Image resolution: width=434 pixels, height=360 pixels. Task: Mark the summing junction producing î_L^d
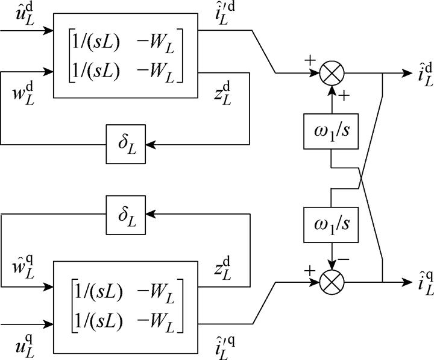click(330, 74)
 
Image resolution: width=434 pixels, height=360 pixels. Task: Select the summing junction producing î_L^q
click(330, 281)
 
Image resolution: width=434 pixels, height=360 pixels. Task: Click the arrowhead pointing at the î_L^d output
click(394, 74)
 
